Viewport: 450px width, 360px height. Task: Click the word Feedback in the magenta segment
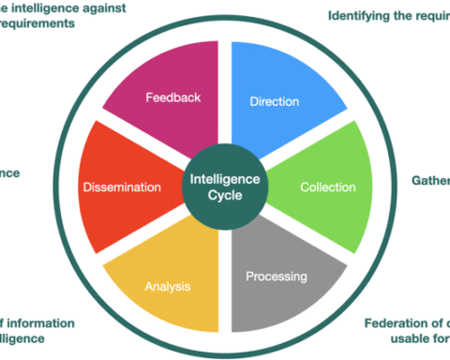tap(172, 97)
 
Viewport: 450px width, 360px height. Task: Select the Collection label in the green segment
tap(328, 187)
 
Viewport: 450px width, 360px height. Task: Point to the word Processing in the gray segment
tap(277, 277)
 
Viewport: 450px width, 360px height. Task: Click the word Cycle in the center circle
tap(225, 196)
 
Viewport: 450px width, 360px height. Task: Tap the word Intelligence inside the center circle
tap(225, 178)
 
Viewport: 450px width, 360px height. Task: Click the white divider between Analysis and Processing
tap(225, 281)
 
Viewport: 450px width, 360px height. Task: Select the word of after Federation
tap(439, 324)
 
